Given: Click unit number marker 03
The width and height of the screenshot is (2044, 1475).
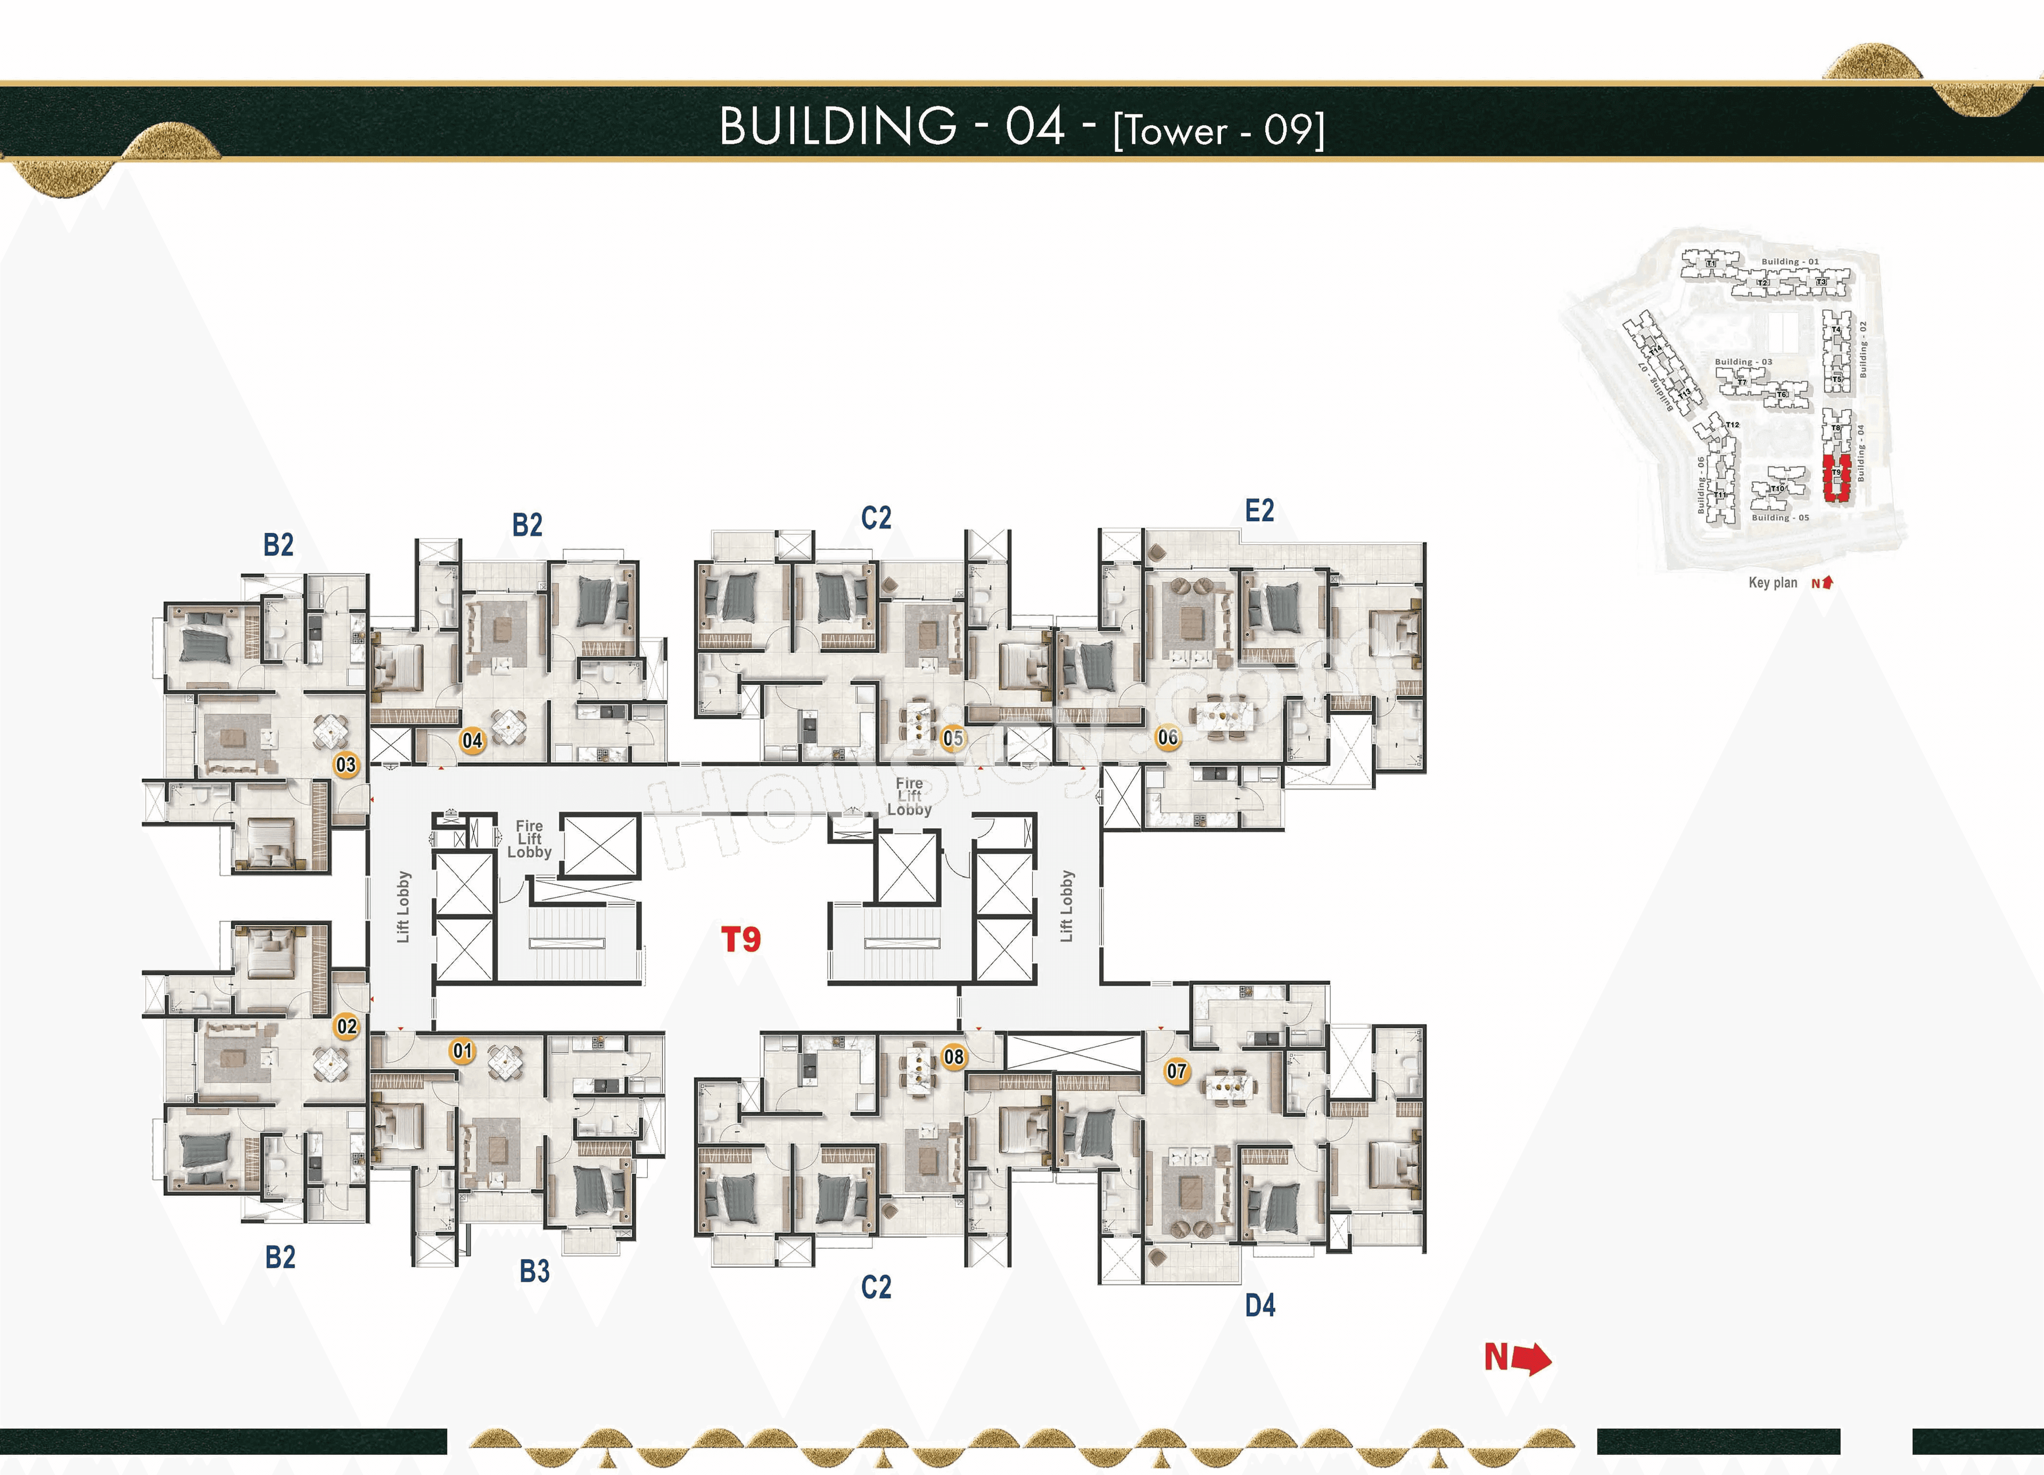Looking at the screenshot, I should point(346,765).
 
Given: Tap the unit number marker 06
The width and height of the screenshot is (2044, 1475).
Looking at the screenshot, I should point(1168,737).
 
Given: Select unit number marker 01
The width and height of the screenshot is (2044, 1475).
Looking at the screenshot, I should point(463,1051).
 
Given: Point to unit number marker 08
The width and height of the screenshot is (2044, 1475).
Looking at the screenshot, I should point(953,1056).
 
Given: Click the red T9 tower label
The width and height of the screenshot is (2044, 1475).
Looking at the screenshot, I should point(741,939).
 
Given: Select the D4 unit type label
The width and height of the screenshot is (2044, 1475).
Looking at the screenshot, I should point(1260,1305).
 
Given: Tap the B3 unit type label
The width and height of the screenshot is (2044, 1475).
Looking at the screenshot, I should point(534,1271).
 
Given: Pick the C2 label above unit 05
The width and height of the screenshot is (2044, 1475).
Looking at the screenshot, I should point(876,518).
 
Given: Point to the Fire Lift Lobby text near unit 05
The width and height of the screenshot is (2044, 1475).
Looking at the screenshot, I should point(909,797).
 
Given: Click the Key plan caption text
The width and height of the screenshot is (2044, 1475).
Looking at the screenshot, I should point(1772,583).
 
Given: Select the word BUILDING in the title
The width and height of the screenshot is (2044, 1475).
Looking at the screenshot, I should point(837,126).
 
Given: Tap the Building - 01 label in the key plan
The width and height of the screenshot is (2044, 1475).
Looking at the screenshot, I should point(1790,261).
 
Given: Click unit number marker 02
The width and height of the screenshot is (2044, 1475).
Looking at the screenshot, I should point(346,1026).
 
